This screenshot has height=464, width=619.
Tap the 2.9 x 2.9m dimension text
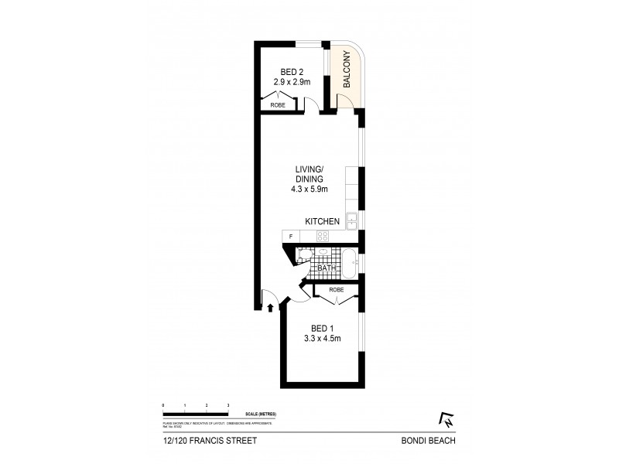[292, 80]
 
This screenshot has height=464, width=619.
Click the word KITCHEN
[323, 222]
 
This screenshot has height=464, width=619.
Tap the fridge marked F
[290, 236]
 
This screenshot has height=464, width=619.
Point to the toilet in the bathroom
[304, 255]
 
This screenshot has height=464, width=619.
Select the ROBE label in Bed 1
[337, 290]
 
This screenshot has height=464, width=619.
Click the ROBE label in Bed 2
[278, 104]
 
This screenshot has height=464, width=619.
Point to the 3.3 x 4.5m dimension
[321, 338]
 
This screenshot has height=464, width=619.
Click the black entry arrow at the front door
[269, 307]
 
